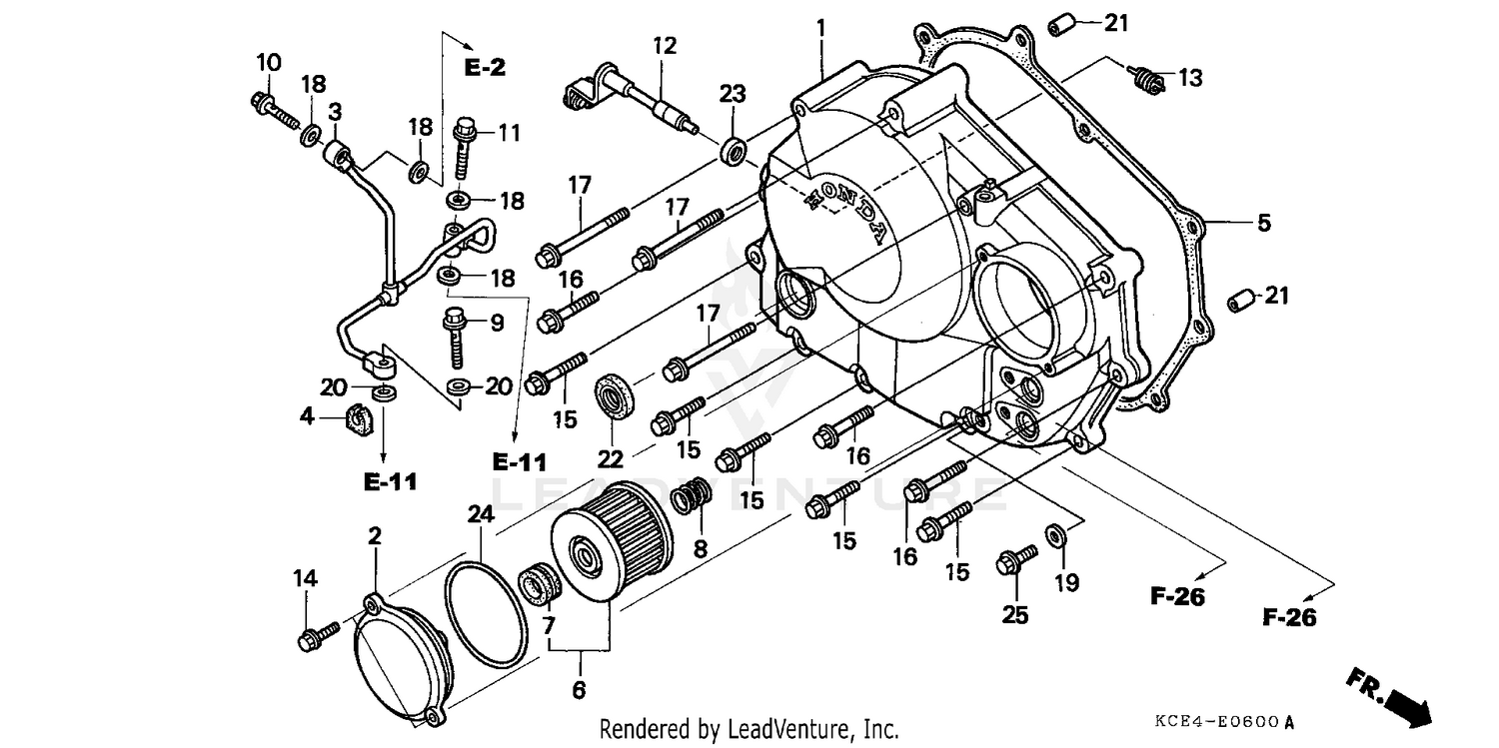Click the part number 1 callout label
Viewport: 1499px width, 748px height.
[x=820, y=27]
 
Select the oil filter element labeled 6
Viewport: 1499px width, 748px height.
[x=612, y=540]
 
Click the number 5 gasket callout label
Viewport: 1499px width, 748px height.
[x=1264, y=224]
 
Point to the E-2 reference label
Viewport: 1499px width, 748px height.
[x=485, y=68]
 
